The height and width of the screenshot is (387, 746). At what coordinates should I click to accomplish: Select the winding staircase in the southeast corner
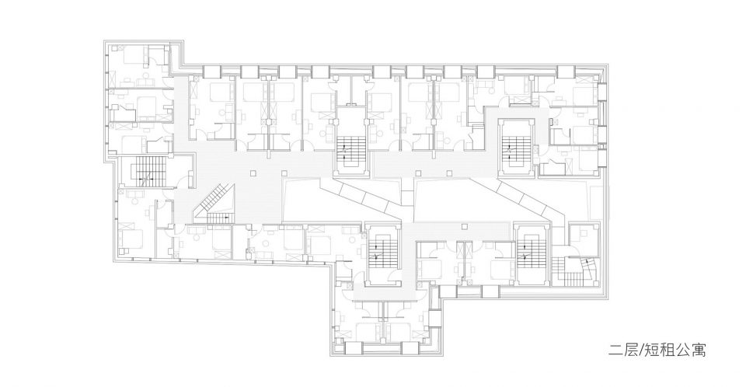pos(577,271)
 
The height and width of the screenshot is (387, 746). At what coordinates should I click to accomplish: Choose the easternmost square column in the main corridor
pos(450,173)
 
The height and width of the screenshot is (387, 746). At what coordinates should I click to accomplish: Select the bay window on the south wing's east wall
pos(434,317)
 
